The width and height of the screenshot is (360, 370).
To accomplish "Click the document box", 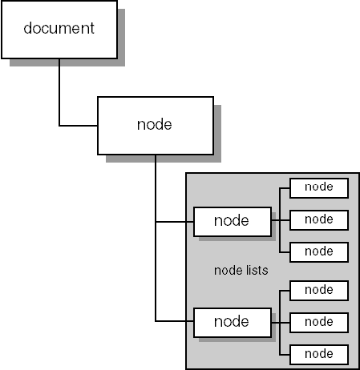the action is (59, 30).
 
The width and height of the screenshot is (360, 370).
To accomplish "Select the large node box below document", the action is (156, 126).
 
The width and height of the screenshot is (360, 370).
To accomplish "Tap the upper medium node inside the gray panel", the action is (233, 222).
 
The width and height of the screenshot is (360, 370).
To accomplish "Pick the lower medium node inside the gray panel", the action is (233, 323).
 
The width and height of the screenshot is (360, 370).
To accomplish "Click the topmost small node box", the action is (319, 188).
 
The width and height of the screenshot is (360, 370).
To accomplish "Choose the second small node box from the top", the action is (319, 220).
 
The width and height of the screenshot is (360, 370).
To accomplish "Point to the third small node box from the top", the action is (319, 252).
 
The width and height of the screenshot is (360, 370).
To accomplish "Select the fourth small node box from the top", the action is (319, 291).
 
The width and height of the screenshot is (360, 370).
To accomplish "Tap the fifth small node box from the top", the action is (319, 323).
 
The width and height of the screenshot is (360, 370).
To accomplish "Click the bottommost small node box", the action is (319, 355).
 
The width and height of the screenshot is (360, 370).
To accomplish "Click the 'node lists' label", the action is (241, 271).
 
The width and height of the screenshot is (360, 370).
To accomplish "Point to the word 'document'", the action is (59, 28).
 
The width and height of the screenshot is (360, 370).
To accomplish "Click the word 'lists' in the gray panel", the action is (256, 271).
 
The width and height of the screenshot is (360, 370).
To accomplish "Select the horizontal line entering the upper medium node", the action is (175, 222).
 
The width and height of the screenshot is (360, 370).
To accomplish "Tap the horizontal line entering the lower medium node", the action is (175, 321).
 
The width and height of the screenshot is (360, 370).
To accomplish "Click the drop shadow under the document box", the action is (67, 62).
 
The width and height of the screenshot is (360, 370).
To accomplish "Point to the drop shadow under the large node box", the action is (164, 159).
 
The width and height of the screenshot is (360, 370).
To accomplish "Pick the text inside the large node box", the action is (155, 124).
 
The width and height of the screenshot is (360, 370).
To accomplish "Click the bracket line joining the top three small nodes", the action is (280, 220).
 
